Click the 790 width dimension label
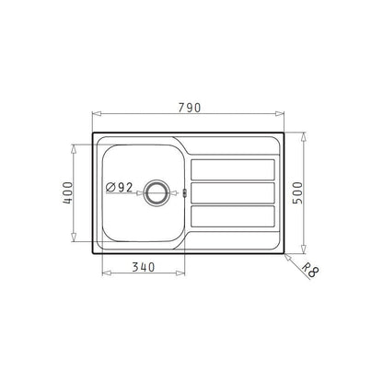[190, 108]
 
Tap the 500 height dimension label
[297, 192]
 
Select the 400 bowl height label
[68, 192]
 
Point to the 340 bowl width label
[144, 267]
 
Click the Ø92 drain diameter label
[119, 187]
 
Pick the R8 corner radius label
[310, 271]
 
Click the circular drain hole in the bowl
[157, 192]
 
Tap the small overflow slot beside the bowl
[184, 192]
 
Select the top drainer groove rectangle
[233, 169]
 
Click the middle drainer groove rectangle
[233, 192]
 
